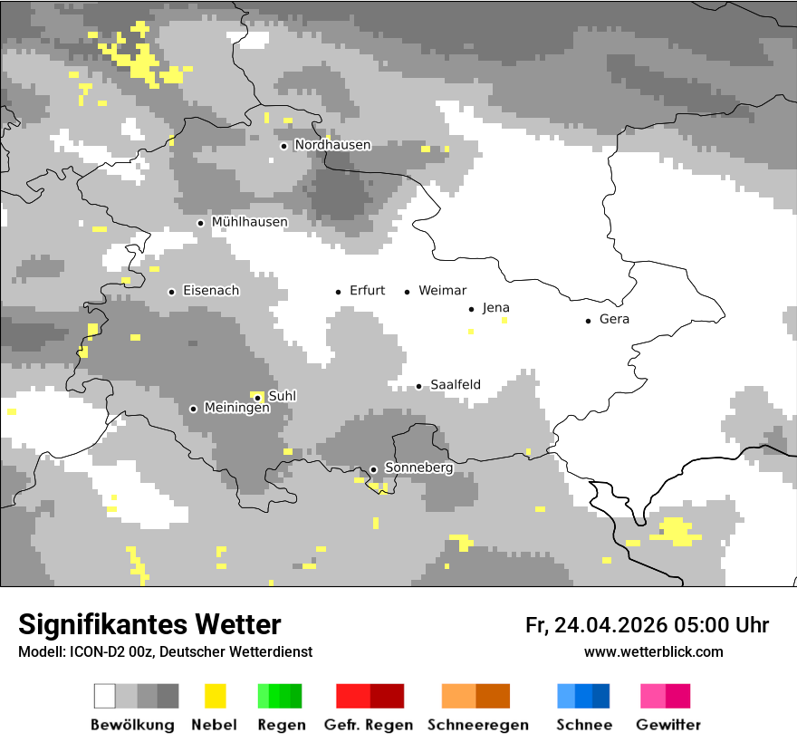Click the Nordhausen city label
click(332, 145)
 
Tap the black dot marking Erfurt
click(338, 292)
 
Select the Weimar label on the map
click(442, 291)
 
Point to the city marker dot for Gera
click(588, 321)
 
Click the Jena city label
click(496, 308)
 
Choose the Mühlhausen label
click(249, 222)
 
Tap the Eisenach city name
click(211, 291)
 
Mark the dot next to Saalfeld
click(418, 386)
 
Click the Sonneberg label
click(418, 468)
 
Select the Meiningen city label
click(237, 409)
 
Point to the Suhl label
click(283, 396)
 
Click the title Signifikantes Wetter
click(149, 624)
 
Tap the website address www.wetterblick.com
click(653, 651)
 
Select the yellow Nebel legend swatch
click(215, 696)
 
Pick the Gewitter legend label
click(667, 725)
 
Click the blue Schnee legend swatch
click(583, 696)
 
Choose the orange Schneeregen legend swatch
click(475, 696)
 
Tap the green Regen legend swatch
click(280, 696)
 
